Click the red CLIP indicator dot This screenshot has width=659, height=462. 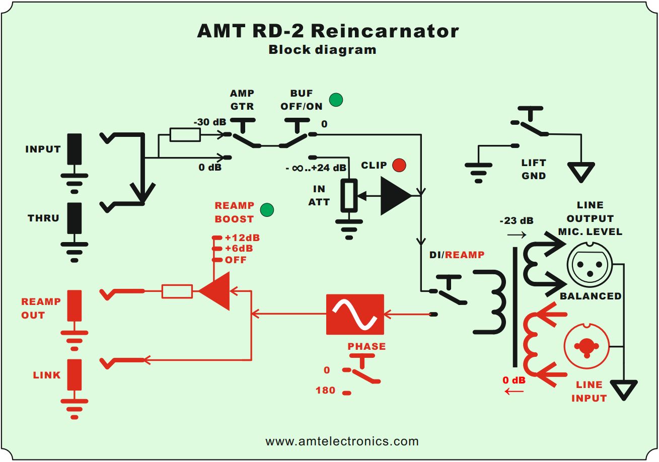point(399,165)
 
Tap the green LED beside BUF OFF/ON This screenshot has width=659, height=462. point(336,100)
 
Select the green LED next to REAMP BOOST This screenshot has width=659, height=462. point(267,210)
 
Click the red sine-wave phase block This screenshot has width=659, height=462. point(355,315)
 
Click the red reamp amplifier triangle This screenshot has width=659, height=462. point(215,291)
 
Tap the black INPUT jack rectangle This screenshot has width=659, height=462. point(75,148)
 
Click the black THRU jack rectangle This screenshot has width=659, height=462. point(75,218)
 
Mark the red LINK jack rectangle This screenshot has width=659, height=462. point(75,375)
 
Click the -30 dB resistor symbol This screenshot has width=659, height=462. point(185,135)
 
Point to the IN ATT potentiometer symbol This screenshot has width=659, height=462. point(349,195)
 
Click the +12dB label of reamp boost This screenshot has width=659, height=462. point(242,238)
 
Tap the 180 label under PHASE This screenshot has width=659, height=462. point(325,390)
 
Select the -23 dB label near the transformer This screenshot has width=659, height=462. point(517,220)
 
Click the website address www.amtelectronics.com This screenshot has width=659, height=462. point(342,441)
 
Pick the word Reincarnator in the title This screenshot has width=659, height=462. point(385,31)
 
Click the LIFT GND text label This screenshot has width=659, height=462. point(534,170)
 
